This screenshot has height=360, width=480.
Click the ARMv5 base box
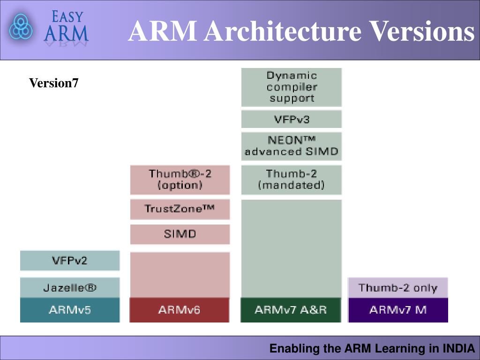click(70, 310)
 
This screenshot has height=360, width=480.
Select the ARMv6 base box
click(180, 310)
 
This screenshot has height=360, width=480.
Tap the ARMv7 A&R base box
click(291, 310)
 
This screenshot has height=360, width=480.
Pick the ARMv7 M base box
click(398, 310)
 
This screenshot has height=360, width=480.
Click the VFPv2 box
click(70, 261)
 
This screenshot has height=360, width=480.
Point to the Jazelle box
click(70, 287)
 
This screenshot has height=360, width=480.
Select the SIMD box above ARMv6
click(180, 234)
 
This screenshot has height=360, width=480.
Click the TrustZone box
click(180, 209)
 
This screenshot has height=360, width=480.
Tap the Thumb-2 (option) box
click(180, 180)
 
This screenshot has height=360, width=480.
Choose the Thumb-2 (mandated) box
click(291, 180)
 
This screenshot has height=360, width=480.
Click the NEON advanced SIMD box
click(291, 146)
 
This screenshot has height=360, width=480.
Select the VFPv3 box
click(291, 119)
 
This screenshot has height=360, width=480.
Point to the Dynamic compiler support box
click(291, 87)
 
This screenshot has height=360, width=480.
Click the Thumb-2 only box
click(398, 287)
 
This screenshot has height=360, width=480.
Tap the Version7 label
click(54, 83)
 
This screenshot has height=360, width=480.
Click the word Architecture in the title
click(282, 32)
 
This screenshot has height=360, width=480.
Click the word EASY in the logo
click(67, 17)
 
